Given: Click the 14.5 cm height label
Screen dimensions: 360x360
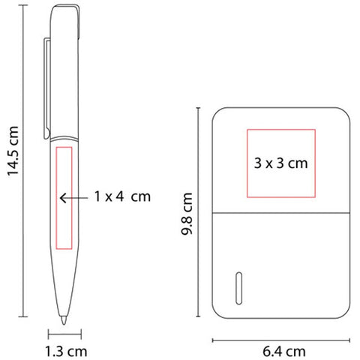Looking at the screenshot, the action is click(x=13, y=151).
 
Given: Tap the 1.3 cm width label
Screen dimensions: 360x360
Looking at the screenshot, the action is click(x=66, y=352).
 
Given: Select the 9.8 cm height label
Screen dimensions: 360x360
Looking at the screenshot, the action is click(x=187, y=214).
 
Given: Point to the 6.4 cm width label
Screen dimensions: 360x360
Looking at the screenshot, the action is click(x=284, y=352).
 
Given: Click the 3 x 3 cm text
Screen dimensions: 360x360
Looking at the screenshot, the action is click(x=280, y=163).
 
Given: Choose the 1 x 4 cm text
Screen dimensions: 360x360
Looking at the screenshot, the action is click(x=122, y=196).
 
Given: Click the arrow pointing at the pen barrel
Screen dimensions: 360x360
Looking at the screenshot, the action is click(x=73, y=198).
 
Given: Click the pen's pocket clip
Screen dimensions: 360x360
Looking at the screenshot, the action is click(x=47, y=88).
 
